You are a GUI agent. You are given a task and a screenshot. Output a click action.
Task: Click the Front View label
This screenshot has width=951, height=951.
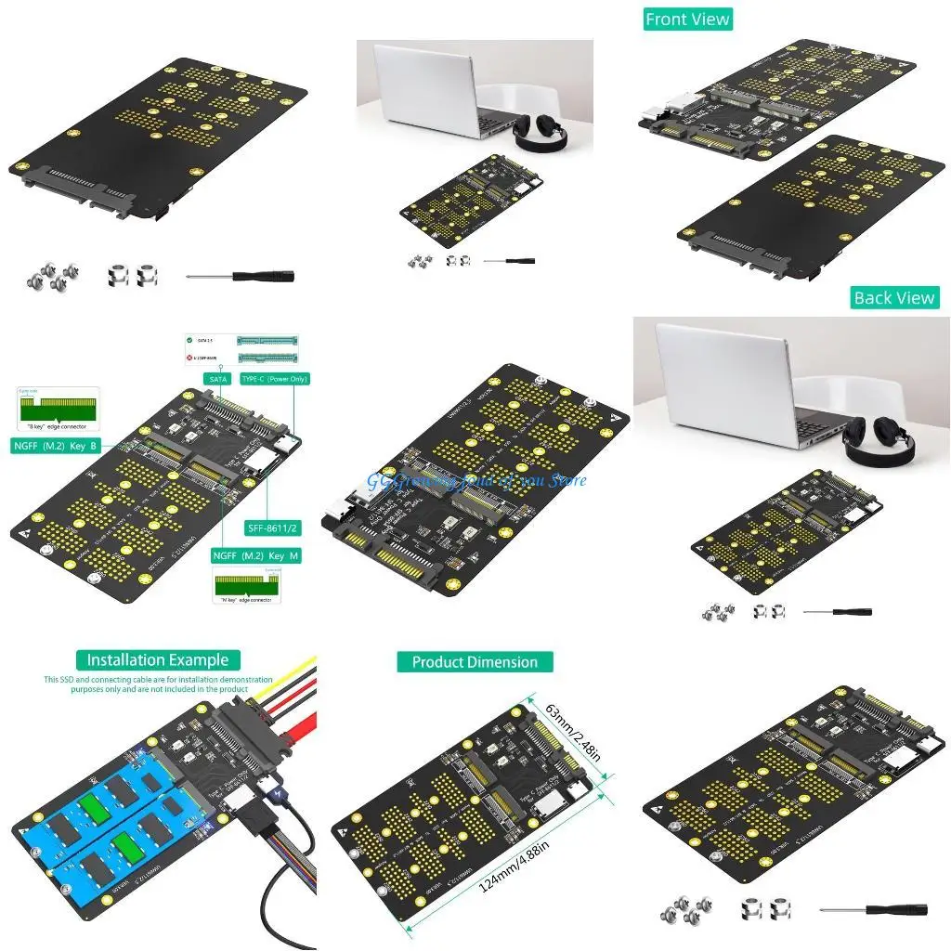click(687, 19)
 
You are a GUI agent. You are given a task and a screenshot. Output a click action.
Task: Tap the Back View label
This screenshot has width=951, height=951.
click(894, 297)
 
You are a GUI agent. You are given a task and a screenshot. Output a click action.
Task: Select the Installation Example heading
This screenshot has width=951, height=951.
click(158, 660)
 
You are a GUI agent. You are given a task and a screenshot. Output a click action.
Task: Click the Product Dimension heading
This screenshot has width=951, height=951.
click(475, 662)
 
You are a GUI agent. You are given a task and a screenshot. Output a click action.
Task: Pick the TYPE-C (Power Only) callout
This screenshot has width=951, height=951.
click(274, 379)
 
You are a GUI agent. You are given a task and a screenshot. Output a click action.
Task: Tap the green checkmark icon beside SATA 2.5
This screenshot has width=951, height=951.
click(190, 341)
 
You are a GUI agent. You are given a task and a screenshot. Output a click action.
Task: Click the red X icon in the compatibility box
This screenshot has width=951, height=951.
click(190, 358)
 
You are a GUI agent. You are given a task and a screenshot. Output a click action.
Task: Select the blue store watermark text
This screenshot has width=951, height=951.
click(475, 480)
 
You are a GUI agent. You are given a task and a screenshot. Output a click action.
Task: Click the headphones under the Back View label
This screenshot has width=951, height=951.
click(878, 440)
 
